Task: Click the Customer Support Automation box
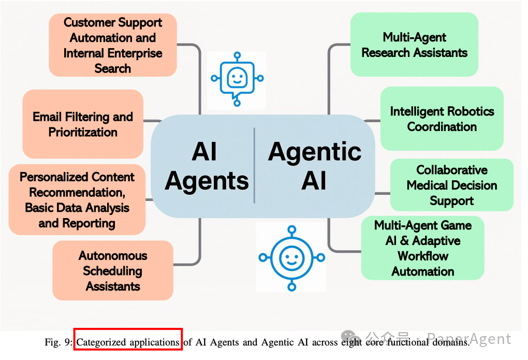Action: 113,45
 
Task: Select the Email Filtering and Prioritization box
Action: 83,124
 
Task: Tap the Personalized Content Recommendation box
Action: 77,200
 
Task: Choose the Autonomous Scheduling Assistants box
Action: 113,270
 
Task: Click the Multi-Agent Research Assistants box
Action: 414,45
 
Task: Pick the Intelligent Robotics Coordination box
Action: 442,119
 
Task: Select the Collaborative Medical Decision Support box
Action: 451,185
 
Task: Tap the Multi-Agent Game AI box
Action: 422,248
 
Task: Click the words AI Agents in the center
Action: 207,166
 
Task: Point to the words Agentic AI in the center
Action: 314,166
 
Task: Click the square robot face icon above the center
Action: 237,79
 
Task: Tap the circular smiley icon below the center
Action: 291,257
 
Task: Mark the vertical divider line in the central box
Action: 254,166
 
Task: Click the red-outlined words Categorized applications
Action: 128,342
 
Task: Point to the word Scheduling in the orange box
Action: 112,270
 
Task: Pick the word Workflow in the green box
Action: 422,256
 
